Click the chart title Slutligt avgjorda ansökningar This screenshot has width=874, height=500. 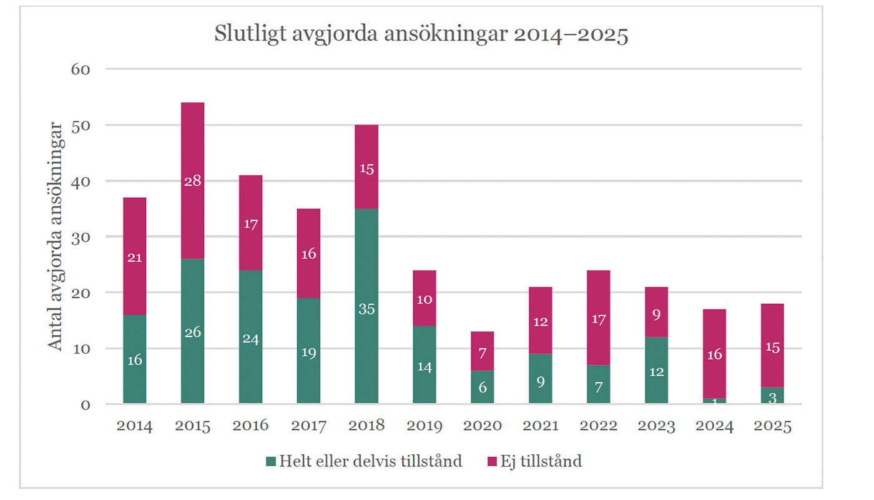click(421, 34)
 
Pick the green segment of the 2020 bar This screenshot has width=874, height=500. click(482, 387)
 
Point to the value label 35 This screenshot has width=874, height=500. click(366, 308)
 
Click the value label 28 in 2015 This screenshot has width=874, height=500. click(192, 181)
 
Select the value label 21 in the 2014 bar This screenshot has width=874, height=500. click(134, 257)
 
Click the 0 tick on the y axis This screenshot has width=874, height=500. click(85, 404)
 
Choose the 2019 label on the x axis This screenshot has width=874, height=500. click(425, 426)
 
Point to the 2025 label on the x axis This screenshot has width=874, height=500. click(772, 426)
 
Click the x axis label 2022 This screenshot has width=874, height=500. click(598, 426)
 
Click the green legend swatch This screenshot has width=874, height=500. click(270, 462)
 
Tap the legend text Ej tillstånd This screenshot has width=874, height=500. click(541, 461)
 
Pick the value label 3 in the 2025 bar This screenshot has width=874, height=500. click(772, 398)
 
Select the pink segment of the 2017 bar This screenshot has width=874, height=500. click(308, 253)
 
